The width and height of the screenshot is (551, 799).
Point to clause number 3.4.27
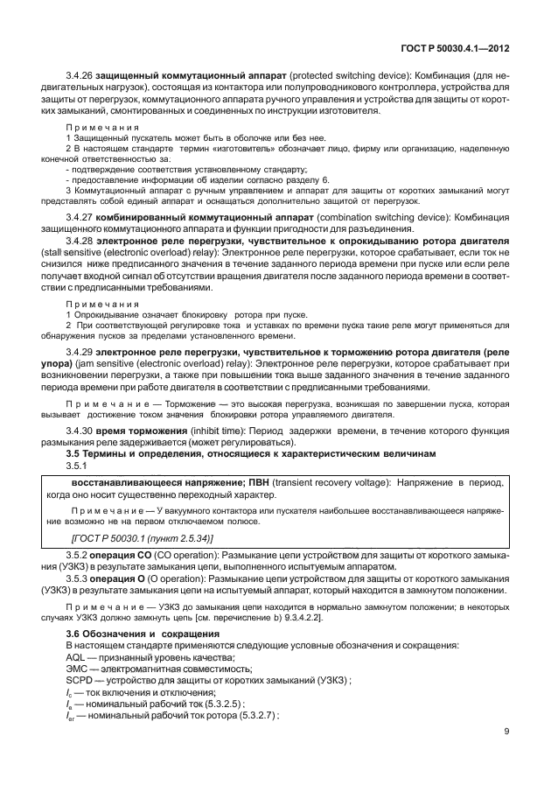[x=80, y=217]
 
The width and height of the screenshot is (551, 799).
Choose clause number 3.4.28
[x=80, y=241]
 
